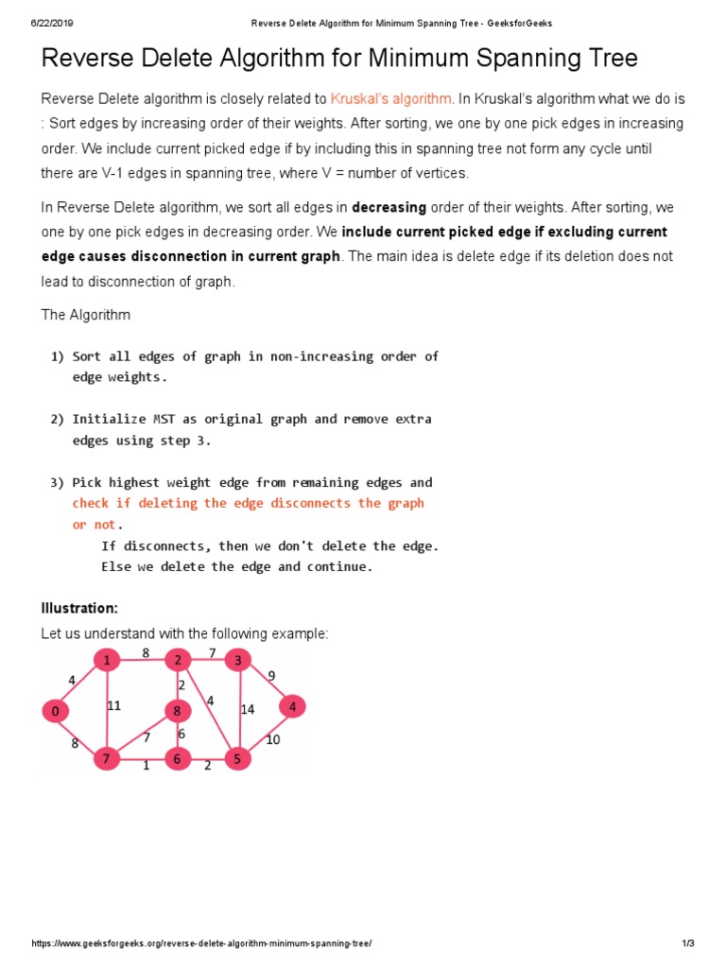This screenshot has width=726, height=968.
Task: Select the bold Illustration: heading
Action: (79, 607)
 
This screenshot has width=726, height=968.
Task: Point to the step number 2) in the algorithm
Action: (57, 419)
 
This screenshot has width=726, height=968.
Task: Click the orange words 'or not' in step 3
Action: (95, 525)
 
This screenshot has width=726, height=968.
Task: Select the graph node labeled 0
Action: (56, 711)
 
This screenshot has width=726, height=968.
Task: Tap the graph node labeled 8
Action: (177, 711)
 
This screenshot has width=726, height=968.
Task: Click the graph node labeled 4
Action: (293, 706)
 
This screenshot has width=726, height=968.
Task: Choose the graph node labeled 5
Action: (237, 758)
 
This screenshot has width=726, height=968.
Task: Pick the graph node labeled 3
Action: (238, 660)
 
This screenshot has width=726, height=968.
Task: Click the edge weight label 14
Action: (248, 709)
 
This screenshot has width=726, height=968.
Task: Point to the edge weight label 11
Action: (114, 704)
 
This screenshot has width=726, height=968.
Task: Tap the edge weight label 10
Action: (272, 739)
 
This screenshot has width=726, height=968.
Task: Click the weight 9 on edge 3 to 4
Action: (271, 675)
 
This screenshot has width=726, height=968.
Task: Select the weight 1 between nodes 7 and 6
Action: (146, 766)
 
